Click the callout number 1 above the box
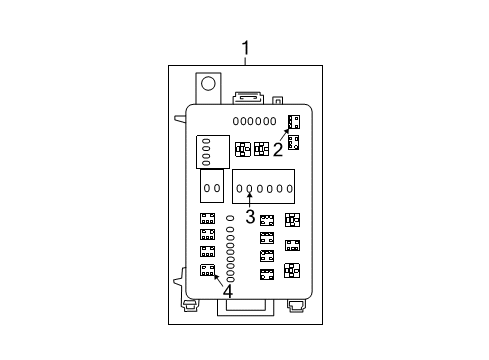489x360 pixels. click(246, 47)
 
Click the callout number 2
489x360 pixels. click(278, 151)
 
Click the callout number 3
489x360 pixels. click(250, 213)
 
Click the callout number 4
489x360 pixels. click(227, 292)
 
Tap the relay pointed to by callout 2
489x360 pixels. click(293, 122)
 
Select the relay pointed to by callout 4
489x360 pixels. click(208, 270)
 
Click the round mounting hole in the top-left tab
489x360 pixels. click(211, 83)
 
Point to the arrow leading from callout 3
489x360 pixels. click(250, 199)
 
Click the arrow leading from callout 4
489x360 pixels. click(217, 280)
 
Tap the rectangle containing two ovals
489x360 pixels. click(212, 187)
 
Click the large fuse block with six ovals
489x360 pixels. click(263, 187)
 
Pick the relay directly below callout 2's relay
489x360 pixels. click(293, 141)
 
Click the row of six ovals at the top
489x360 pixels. click(255, 121)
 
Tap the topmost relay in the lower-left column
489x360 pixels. click(208, 219)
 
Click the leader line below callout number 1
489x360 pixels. click(246, 62)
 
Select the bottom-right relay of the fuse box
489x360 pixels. click(291, 269)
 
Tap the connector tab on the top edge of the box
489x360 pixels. click(246, 97)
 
